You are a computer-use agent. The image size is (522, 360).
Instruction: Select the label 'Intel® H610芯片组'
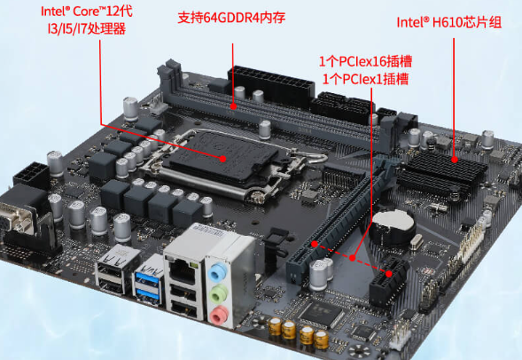(x=448, y=23)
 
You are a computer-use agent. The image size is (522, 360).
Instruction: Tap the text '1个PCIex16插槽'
(x=365, y=62)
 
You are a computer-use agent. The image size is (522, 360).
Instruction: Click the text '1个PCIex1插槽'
(x=365, y=79)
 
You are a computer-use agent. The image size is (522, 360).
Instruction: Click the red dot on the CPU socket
(x=225, y=159)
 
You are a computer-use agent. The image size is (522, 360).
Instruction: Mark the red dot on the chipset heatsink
(x=456, y=160)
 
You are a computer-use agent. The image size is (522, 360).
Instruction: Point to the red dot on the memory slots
(x=233, y=106)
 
